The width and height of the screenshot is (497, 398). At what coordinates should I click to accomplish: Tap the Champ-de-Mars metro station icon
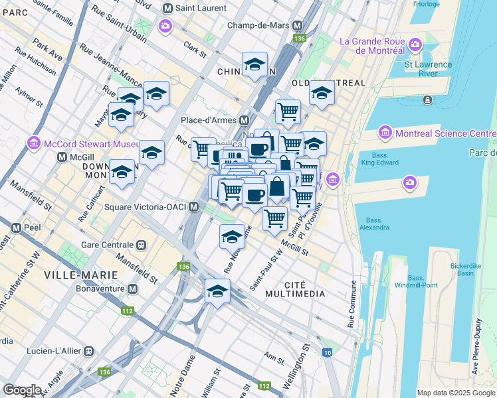coord(298,25)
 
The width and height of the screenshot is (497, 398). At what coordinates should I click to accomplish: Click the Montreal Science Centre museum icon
coord(384,133)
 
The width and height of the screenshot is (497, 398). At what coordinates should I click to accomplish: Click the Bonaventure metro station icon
coord(133,290)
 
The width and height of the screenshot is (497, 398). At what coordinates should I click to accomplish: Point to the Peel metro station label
coord(30,226)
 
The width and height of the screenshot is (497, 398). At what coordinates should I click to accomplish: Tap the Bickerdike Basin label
coord(470,269)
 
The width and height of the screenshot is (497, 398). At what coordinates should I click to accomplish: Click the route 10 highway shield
coord(328,352)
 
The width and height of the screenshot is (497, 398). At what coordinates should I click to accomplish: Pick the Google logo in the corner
coord(22,390)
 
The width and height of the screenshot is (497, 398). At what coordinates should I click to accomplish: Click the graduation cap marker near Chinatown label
coord(254,65)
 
